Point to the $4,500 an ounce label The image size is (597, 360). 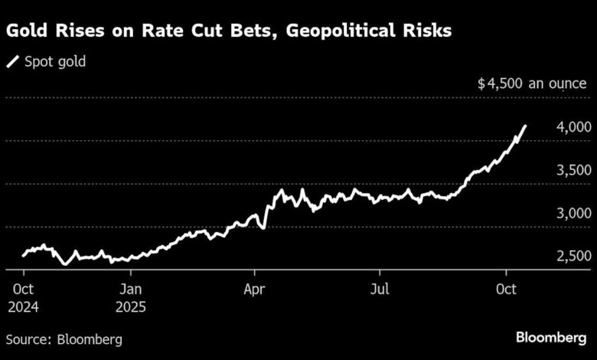click(x=532, y=84)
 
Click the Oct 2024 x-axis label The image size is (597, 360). click(x=23, y=298)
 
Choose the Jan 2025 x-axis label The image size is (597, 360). click(x=132, y=298)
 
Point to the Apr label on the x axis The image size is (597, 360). click(x=254, y=290)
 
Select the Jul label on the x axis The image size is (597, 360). click(x=380, y=290)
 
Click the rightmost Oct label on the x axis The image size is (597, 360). click(x=505, y=290)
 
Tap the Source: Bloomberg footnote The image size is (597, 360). click(x=64, y=338)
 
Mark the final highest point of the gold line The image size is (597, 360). click(x=525, y=126)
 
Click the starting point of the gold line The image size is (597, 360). click(x=23, y=254)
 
